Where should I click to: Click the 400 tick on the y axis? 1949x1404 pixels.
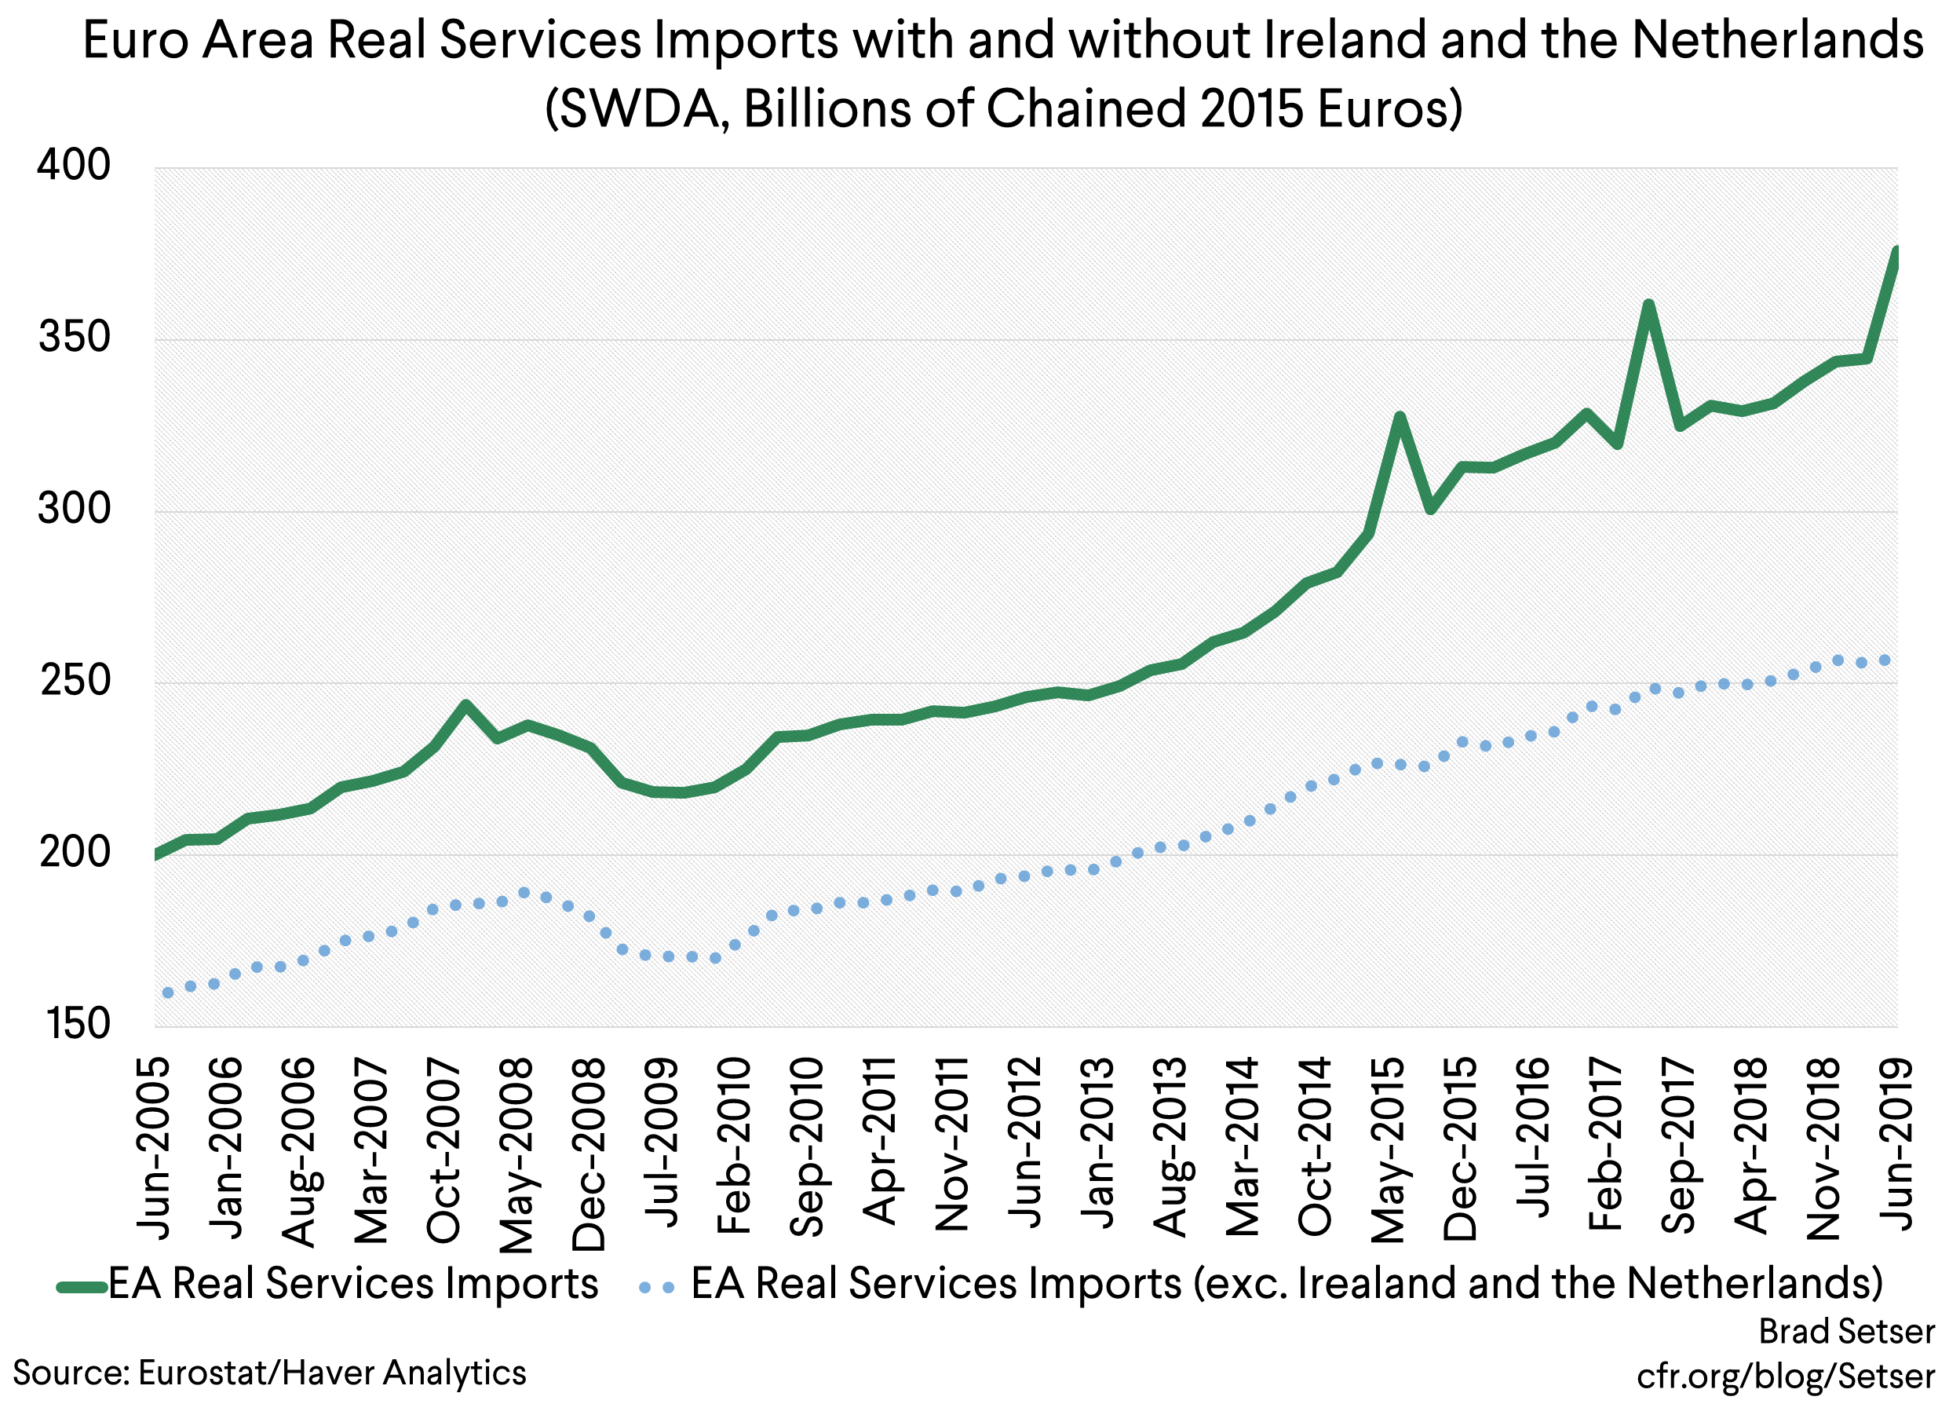[x=74, y=165]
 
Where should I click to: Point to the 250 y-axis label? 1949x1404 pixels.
[x=75, y=681]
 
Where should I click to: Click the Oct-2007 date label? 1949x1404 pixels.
[x=444, y=1150]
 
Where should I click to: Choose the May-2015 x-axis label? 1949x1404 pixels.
[x=1387, y=1150]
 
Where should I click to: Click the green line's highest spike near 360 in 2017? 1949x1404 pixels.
[x=1648, y=305]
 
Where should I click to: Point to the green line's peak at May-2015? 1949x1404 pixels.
[x=1400, y=417]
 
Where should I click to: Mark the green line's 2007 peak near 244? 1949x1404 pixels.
[x=465, y=705]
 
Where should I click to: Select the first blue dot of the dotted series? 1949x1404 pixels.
[x=167, y=993]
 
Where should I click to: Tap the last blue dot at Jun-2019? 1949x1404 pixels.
[x=1885, y=660]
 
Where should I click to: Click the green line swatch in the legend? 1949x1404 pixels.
[x=82, y=1287]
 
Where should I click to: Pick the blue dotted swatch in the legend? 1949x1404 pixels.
[x=656, y=1288]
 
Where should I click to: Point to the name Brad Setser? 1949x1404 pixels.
[x=1847, y=1332]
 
